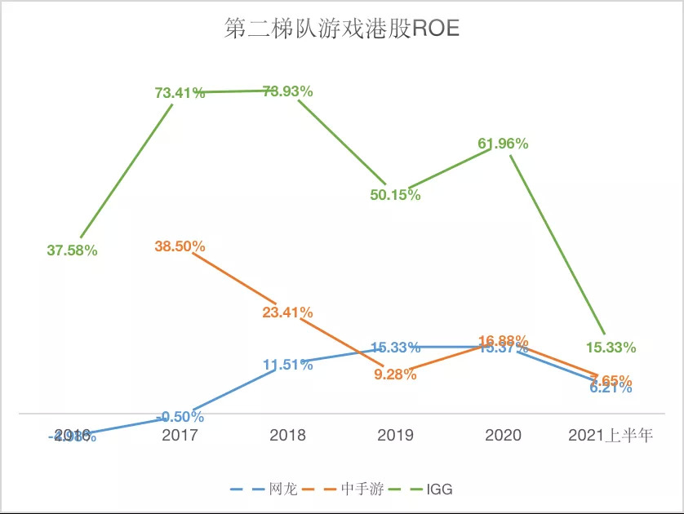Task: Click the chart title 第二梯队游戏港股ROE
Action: [341, 30]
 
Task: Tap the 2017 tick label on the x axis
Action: [180, 435]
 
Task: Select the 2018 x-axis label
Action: [288, 435]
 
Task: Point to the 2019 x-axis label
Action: [395, 435]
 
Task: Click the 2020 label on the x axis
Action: [503, 435]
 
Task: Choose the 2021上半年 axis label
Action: [611, 435]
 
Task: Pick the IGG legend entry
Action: [438, 490]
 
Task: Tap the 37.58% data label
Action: [72, 250]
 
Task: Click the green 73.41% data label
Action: [180, 92]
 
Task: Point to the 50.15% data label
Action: [395, 195]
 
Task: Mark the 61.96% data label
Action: [503, 144]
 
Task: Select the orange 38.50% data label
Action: [180, 246]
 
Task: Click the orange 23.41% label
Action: [288, 312]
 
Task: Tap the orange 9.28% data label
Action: [395, 374]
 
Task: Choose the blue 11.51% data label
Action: [288, 365]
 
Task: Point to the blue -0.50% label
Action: [180, 416]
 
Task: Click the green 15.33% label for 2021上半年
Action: [611, 348]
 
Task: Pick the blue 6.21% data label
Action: [611, 389]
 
